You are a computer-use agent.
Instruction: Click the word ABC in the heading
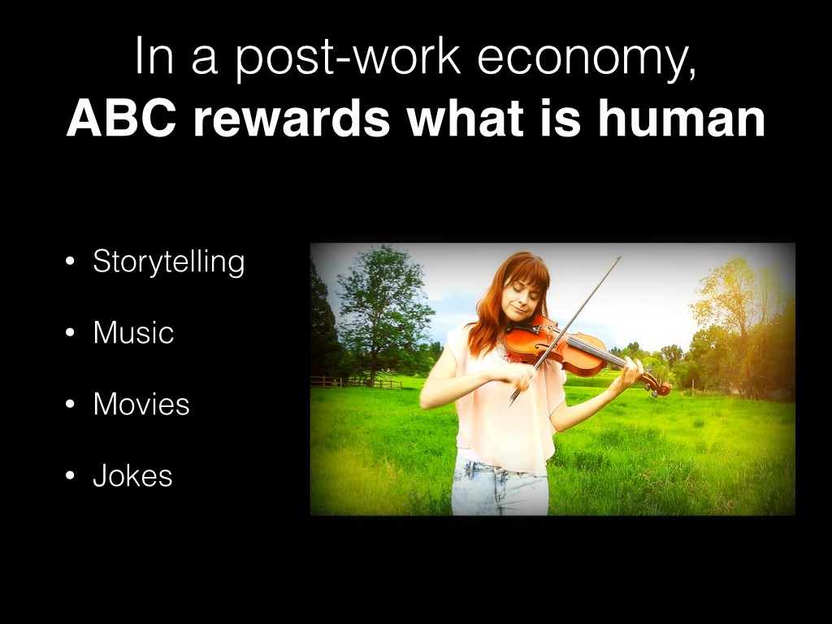pyautogui.click(x=122, y=119)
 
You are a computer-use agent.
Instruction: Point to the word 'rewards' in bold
pyautogui.click(x=292, y=119)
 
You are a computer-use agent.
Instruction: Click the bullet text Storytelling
pyautogui.click(x=169, y=262)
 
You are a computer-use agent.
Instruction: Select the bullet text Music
pyautogui.click(x=133, y=332)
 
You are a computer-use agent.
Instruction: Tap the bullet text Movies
pyautogui.click(x=141, y=405)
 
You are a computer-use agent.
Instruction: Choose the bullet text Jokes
pyautogui.click(x=132, y=475)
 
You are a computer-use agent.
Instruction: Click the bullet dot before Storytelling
pyautogui.click(x=70, y=262)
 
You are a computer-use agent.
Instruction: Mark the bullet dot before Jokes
pyautogui.click(x=70, y=475)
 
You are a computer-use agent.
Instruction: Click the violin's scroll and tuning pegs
pyautogui.click(x=656, y=383)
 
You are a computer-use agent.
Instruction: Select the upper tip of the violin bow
pyautogui.click(x=620, y=258)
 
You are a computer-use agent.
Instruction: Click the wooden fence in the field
pyautogui.click(x=356, y=382)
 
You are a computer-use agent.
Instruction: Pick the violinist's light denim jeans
pyautogui.click(x=499, y=486)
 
